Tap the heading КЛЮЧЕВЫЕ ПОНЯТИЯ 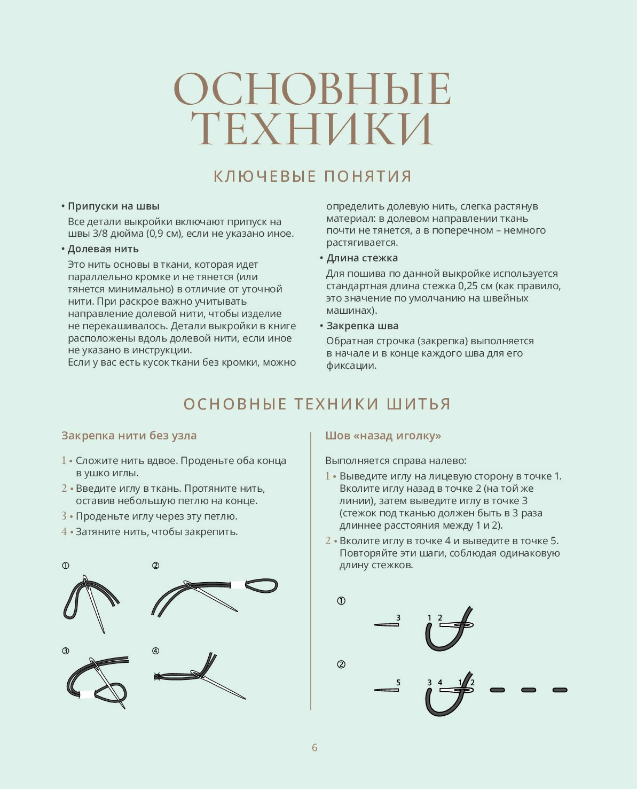coord(312,176)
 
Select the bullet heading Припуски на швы coord(114,206)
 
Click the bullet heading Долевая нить coord(103,249)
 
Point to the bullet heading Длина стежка coord(362,258)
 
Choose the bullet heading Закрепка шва coord(363,326)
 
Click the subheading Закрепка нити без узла coord(129,436)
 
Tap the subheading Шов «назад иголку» coord(383,436)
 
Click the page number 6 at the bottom coord(314,747)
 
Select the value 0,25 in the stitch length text coord(467,286)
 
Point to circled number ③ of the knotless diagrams coord(66,651)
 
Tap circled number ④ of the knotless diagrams coord(155,651)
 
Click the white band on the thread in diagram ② coord(237,585)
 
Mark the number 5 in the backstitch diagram coord(398,683)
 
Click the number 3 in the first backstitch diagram coord(398,618)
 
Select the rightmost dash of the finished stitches coord(560,690)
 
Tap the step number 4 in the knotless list coord(64,532)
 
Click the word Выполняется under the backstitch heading coord(357,461)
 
